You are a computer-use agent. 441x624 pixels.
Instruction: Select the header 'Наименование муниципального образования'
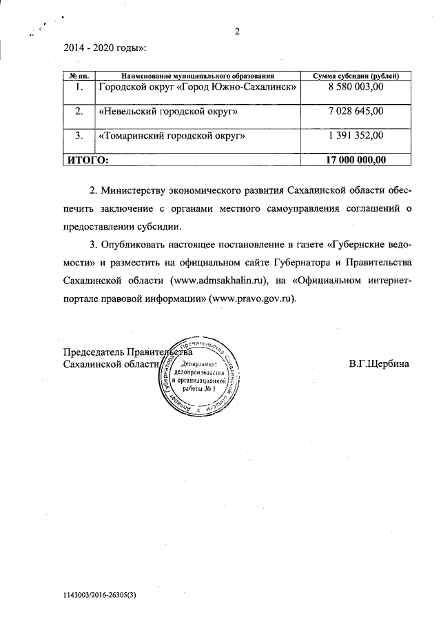198,74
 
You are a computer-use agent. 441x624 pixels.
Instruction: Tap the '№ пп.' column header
79,74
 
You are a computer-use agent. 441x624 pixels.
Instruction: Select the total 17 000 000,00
355,160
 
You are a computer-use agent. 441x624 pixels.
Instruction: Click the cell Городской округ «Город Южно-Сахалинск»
198,88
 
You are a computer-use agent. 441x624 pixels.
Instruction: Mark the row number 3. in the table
79,136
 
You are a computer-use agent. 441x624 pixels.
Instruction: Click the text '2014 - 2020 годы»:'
105,49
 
